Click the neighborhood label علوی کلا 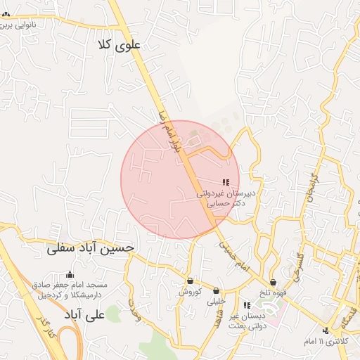point(122,44)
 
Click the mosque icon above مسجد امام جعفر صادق point(69,275)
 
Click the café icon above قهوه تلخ point(273,283)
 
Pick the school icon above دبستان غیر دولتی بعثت point(247,305)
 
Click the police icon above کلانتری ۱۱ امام point(325,330)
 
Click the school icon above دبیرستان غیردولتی point(226,181)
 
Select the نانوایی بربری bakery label point(28,25)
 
